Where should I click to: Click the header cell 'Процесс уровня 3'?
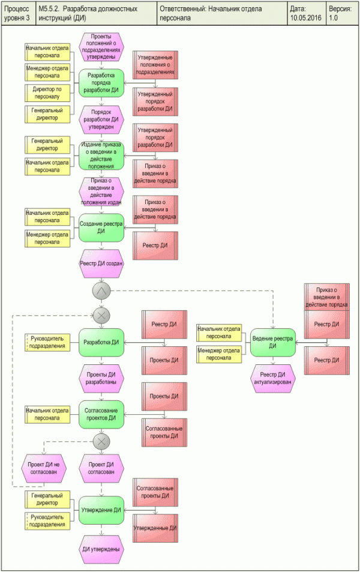pos(18,14)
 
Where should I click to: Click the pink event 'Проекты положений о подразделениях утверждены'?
pos(101,47)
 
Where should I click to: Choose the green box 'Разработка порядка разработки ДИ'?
pos(101,83)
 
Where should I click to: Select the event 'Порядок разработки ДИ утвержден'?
pos(101,119)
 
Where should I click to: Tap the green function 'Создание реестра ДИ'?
pos(101,227)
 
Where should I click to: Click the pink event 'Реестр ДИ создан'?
pos(101,263)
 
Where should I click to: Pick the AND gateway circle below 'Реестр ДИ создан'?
pos(101,291)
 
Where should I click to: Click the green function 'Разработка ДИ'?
pos(101,342)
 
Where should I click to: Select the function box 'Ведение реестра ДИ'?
pos(272,342)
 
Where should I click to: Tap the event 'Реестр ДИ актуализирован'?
pos(272,378)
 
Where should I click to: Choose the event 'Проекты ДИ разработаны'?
pos(101,378)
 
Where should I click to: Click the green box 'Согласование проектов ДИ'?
pos(101,414)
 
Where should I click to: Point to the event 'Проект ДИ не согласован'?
pos(43,468)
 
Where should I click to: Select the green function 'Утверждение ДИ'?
pos(101,510)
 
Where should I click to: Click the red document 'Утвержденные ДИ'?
pos(155,529)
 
